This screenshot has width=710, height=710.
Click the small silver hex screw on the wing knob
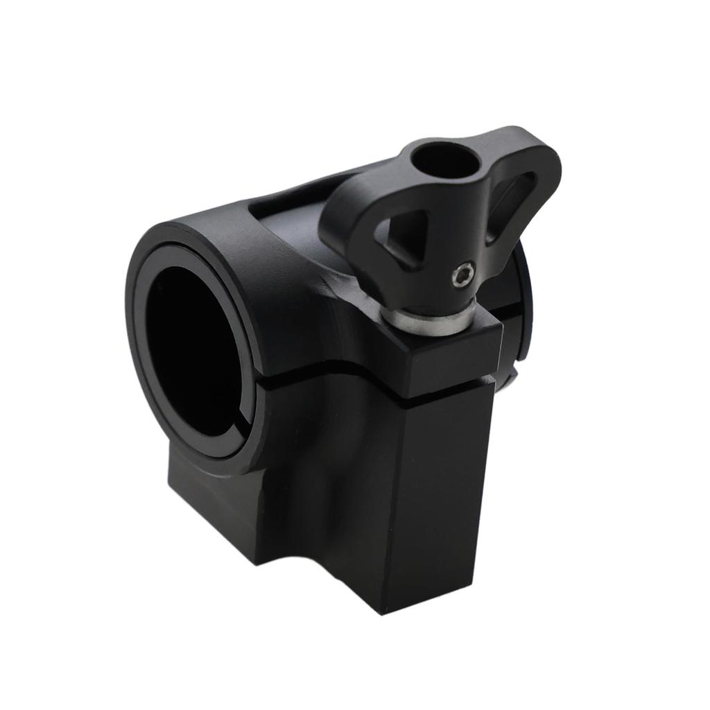pos(460,276)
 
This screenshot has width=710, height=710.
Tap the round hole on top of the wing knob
pos(445,159)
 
